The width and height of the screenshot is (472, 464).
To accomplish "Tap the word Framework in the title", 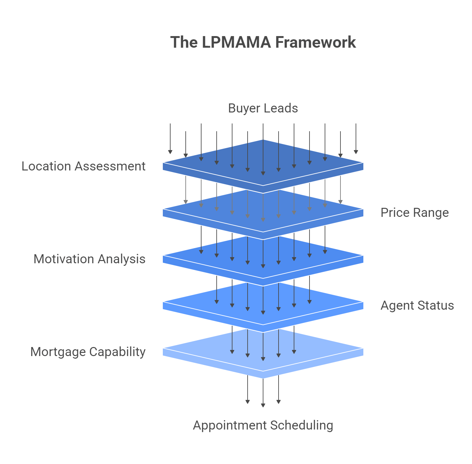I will coord(316,42).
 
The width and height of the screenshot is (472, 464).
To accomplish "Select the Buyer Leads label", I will coord(263,108).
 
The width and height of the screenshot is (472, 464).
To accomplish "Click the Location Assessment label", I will coord(84,166).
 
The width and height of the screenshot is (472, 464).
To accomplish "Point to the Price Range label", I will coord(415,213).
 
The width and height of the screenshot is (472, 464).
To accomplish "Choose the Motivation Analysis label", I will coord(89,259).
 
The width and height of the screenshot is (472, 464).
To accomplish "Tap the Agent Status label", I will coord(417,305).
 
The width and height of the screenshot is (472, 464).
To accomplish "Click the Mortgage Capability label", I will coord(88,352).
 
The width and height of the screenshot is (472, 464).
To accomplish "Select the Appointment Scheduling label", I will coord(263,425).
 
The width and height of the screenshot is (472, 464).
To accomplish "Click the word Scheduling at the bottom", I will coord(302,425).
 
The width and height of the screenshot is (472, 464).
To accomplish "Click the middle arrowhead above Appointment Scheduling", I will coord(263,405).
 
